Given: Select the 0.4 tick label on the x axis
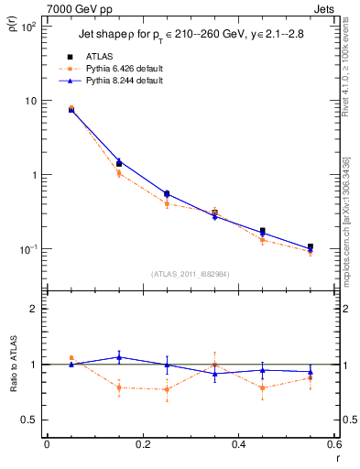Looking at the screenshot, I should pyautogui.click(x=238, y=444).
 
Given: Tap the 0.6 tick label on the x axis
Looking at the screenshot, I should pyautogui.click(x=333, y=444).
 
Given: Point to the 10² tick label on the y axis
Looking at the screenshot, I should pyautogui.click(x=28, y=27).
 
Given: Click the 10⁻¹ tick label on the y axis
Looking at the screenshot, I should pyautogui.click(x=28, y=249).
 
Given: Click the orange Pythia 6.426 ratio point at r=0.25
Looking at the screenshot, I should pyautogui.click(x=167, y=389).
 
